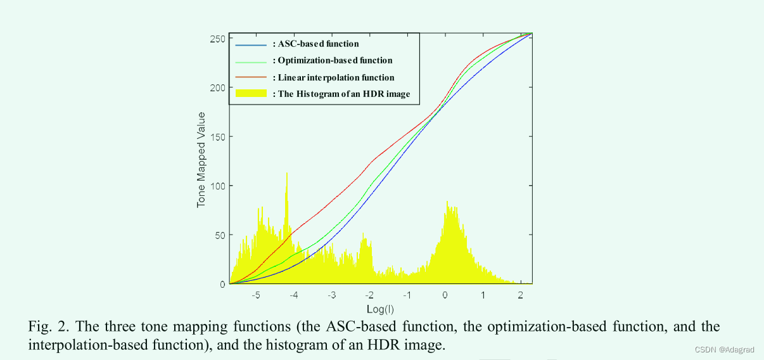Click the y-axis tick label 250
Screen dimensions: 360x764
pos(217,39)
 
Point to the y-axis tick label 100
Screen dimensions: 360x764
pos(217,186)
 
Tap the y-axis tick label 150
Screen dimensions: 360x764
pos(217,137)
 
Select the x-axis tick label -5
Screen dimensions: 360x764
pos(256,296)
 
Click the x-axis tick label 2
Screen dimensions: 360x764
pos(520,296)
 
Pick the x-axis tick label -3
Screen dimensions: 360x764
pos(331,296)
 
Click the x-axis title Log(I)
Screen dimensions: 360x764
pos(380,309)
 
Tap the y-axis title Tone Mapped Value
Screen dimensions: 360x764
pos(201,160)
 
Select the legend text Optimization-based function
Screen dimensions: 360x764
pos(335,61)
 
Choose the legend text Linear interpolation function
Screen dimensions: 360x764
pos(336,77)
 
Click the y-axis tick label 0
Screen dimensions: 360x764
pos(222,284)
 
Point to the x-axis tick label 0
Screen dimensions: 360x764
pos(445,296)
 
